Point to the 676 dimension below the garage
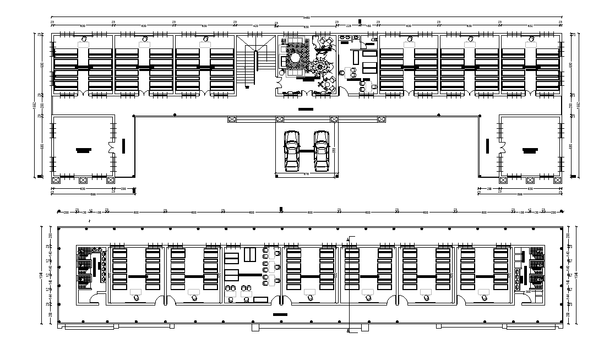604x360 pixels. tap(307, 174)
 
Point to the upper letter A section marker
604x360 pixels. tap(348, 239)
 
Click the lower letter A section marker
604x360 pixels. tap(348, 331)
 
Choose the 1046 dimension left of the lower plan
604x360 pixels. tap(41, 275)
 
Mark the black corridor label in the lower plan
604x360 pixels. tap(280, 314)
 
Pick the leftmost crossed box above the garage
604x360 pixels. tap(231, 119)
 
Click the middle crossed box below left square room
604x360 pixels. tap(83, 179)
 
